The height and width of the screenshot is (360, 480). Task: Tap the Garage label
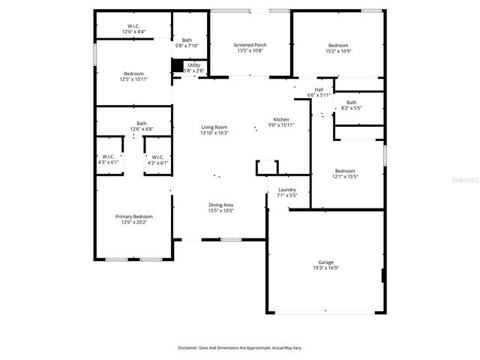[x=325, y=262]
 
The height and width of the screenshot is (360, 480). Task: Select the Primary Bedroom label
[x=134, y=216]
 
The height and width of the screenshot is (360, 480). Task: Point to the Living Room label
[x=214, y=127]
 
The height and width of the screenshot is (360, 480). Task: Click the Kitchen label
[x=281, y=120]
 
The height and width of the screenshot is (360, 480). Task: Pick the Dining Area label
[x=220, y=205]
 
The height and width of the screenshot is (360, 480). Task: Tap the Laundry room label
[x=287, y=190]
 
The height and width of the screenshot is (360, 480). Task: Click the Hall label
[x=319, y=89]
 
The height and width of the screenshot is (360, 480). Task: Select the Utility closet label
[x=193, y=65]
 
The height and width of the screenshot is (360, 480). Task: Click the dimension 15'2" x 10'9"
[x=337, y=51]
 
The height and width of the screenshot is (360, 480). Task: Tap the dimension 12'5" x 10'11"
[x=133, y=79]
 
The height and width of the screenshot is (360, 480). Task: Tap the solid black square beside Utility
[x=177, y=66]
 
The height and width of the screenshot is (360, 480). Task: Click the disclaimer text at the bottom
[x=240, y=348]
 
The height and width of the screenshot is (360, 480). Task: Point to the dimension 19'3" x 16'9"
[x=325, y=268]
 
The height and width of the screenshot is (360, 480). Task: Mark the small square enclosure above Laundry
[x=267, y=167]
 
